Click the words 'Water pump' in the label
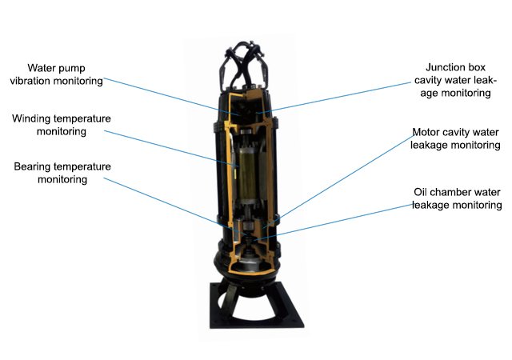coord(56,68)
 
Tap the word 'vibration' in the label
coord(30,81)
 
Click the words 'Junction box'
coord(455,67)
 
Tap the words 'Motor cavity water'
coord(455,132)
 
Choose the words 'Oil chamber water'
coord(457,192)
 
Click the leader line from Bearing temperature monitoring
coord(175,206)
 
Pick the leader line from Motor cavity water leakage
coord(338,181)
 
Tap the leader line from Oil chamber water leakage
coord(333,222)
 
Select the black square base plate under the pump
coord(256,306)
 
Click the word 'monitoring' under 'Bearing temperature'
coord(62,180)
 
